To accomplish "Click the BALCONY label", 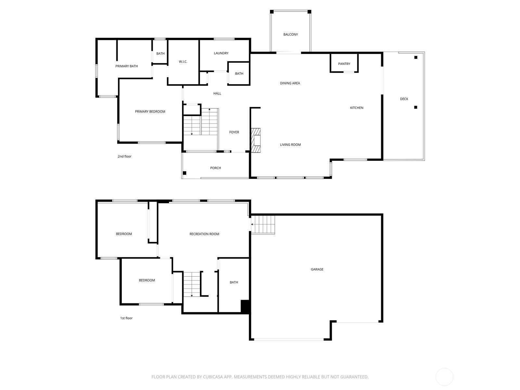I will pyautogui.click(x=290, y=34).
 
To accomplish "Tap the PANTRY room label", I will pyautogui.click(x=344, y=64).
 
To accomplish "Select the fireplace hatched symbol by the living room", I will pyautogui.click(x=255, y=140).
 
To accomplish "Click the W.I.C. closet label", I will pyautogui.click(x=183, y=62).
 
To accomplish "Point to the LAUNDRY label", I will pyautogui.click(x=221, y=53).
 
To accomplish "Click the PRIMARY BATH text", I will pyautogui.click(x=126, y=66).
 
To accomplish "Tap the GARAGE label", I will pyautogui.click(x=317, y=269).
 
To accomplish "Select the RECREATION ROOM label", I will pyautogui.click(x=204, y=234).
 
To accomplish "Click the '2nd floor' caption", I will pyautogui.click(x=124, y=156).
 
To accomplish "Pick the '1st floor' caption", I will pyautogui.click(x=126, y=318).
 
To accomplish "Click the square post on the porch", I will pyautogui.click(x=185, y=173).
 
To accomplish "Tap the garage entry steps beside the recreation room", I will pyautogui.click(x=264, y=224).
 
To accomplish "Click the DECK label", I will pyautogui.click(x=404, y=99).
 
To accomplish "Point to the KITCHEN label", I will pyautogui.click(x=357, y=108).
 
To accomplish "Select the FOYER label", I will pyautogui.click(x=234, y=132).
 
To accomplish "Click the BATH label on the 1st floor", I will pyautogui.click(x=234, y=282).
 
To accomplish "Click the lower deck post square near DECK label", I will pyautogui.click(x=415, y=107).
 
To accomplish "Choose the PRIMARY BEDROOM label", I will pyautogui.click(x=150, y=111).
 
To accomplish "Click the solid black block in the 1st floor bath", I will pyautogui.click(x=245, y=306).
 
